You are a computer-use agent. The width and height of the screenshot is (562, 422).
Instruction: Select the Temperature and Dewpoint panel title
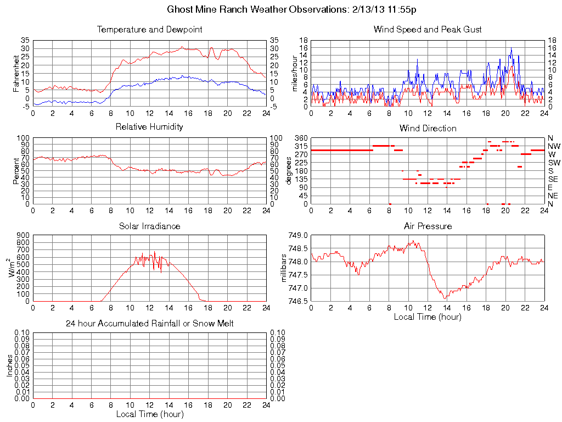(x=149, y=29)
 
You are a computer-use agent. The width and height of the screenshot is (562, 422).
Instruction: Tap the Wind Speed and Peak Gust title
(x=428, y=29)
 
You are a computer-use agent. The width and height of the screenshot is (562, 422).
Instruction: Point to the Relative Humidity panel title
(x=149, y=127)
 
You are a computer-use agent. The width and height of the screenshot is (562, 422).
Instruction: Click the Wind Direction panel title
(x=428, y=128)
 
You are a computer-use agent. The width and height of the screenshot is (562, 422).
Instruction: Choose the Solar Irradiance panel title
(x=149, y=226)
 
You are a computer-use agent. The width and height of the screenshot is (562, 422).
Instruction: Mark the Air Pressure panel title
(x=428, y=226)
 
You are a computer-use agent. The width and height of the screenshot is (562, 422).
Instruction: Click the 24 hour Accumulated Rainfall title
(x=149, y=324)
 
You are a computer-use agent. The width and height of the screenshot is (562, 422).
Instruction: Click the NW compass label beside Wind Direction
(x=554, y=146)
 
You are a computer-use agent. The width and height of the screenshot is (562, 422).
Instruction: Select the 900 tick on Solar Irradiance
(x=23, y=235)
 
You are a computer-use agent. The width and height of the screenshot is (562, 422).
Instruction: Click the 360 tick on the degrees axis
(x=302, y=137)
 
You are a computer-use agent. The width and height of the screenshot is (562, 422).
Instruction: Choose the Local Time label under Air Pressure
(x=428, y=316)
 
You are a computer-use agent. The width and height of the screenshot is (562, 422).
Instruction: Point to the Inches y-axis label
(x=9, y=365)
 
